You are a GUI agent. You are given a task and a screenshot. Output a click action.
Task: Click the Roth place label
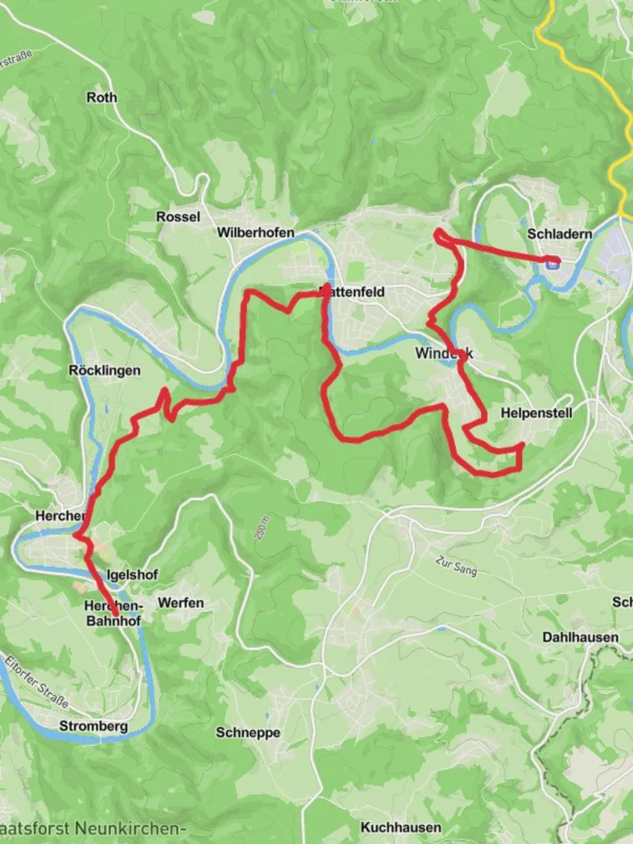tap(102, 98)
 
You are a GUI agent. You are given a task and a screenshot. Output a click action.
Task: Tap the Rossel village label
tap(178, 217)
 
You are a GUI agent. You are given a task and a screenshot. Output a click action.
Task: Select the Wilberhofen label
tap(256, 233)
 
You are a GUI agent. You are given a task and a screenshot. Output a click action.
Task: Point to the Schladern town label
tap(560, 234)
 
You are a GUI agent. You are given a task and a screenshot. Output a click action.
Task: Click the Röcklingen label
tap(105, 370)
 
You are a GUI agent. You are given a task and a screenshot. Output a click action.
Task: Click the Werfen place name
tap(181, 603)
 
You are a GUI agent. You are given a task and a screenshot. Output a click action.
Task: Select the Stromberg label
tap(93, 726)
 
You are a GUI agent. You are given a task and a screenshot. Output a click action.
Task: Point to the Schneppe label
tap(248, 732)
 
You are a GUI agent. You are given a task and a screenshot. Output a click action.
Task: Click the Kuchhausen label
tap(401, 827)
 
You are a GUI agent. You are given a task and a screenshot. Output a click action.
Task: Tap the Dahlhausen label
tap(581, 637)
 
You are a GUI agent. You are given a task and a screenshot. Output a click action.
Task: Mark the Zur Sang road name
tap(456, 566)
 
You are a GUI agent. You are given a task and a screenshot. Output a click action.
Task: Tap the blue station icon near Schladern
tap(553, 264)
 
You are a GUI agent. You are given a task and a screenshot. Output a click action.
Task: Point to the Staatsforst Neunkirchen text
tap(94, 828)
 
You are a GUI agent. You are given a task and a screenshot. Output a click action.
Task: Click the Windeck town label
tap(443, 353)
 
